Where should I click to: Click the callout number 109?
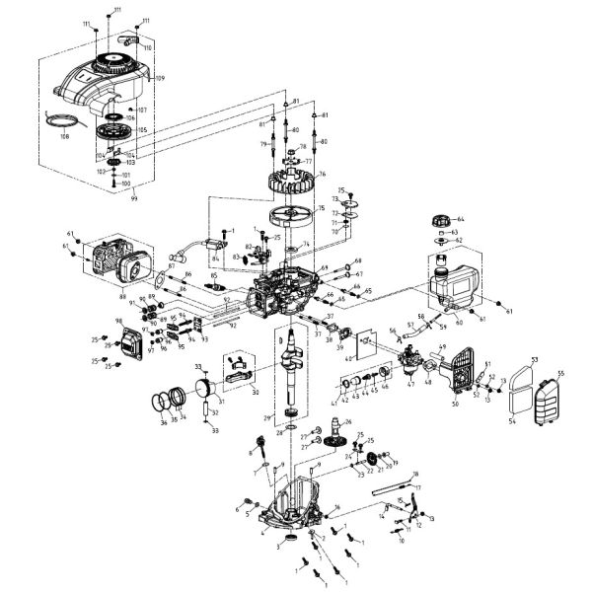160,78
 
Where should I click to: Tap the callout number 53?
535,360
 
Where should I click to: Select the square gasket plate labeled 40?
366,340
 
